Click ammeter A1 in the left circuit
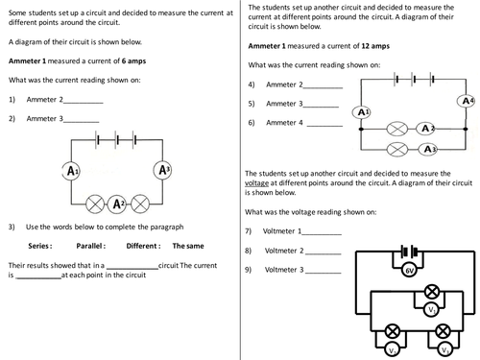point(70,171)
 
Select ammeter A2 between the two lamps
point(117,203)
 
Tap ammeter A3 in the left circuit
point(163,171)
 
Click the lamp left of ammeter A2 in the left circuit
point(94,203)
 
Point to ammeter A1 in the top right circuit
point(362,112)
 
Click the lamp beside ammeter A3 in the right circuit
point(396,150)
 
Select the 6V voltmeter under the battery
point(410,272)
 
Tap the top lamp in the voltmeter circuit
point(432,290)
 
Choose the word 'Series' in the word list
point(43,245)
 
